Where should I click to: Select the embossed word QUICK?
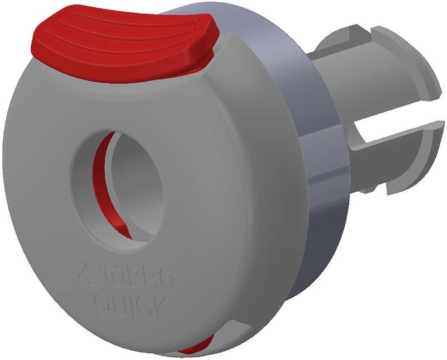coord(130,305)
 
